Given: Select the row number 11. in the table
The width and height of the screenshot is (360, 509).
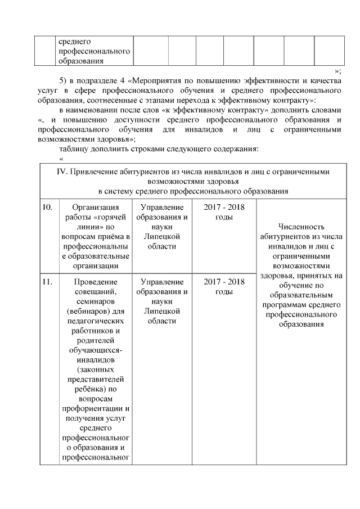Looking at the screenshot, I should tap(48, 281).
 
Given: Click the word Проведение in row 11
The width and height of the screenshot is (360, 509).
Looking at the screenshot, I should tap(94, 281).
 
